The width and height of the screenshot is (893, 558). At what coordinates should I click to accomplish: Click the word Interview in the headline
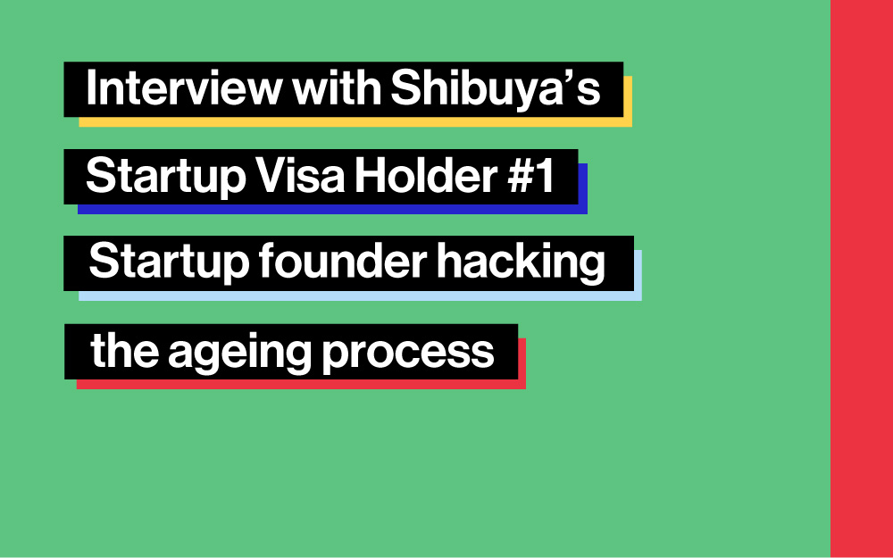184,88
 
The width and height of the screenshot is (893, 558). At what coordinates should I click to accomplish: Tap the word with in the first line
337,87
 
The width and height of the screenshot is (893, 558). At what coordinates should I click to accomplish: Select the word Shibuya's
496,88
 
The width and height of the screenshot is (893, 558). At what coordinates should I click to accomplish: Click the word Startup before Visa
166,175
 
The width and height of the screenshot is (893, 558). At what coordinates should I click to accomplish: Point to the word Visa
299,175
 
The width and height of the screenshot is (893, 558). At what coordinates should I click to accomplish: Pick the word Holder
426,175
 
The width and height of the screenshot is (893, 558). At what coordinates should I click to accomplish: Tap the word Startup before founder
169,262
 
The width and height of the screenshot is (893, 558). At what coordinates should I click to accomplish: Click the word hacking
521,262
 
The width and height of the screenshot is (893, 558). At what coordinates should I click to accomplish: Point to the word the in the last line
125,350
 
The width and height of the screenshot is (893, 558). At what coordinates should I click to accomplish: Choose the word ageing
239,353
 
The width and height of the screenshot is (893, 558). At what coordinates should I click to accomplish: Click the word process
408,353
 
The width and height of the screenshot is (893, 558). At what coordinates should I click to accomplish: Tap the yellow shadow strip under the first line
355,121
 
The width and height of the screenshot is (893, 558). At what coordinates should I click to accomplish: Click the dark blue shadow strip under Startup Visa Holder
332,209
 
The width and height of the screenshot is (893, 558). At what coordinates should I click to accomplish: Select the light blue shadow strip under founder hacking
360,296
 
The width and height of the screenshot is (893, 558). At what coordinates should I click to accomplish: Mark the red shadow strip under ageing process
301,384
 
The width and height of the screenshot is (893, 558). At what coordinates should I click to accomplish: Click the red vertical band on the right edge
862,279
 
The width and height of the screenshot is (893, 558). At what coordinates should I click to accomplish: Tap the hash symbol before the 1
520,175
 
